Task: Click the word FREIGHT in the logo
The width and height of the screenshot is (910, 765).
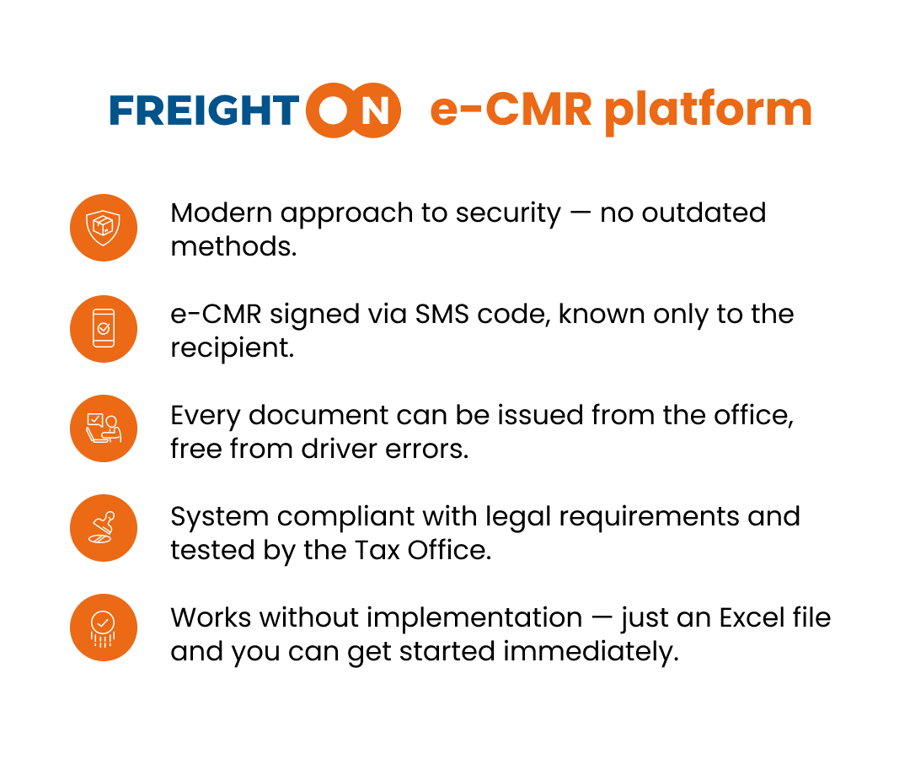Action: click(204, 111)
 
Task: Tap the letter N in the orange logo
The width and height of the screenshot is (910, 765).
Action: click(375, 111)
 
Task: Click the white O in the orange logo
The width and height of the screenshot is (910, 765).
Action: click(333, 110)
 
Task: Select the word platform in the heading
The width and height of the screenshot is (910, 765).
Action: click(708, 111)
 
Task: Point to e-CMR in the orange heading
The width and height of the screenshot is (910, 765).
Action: click(511, 110)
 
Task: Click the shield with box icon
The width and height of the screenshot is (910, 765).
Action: click(104, 228)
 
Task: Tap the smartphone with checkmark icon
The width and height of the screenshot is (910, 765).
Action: click(104, 329)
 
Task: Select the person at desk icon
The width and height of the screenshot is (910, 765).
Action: click(104, 428)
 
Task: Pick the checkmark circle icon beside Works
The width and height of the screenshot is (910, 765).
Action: click(104, 628)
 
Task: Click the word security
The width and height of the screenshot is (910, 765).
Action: click(508, 214)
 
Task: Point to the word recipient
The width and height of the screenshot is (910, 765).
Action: click(233, 348)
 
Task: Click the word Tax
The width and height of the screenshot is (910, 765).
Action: click(377, 550)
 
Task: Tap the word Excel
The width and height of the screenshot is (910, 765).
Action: click(752, 617)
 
